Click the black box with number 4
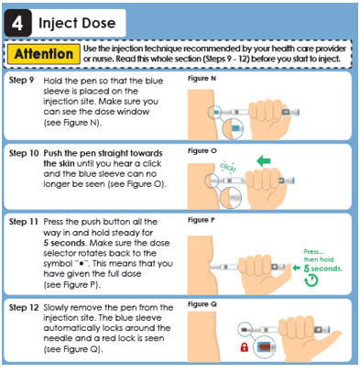[17, 23]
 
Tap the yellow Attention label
[44, 54]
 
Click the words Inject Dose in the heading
[77, 24]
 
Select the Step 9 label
[21, 81]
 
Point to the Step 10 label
[24, 153]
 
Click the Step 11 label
[24, 222]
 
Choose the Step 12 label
[24, 307]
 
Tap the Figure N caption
[202, 79]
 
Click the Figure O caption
[202, 150]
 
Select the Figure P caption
[202, 220]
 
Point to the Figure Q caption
[202, 304]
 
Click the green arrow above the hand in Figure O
[264, 160]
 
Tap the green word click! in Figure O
[228, 167]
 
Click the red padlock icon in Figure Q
[245, 347]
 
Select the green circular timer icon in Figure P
[311, 280]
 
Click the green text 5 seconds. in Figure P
[323, 269]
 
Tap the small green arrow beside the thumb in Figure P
[296, 268]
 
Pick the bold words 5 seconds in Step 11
[64, 243]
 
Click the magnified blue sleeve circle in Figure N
[233, 129]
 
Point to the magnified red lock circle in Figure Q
[265, 347]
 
